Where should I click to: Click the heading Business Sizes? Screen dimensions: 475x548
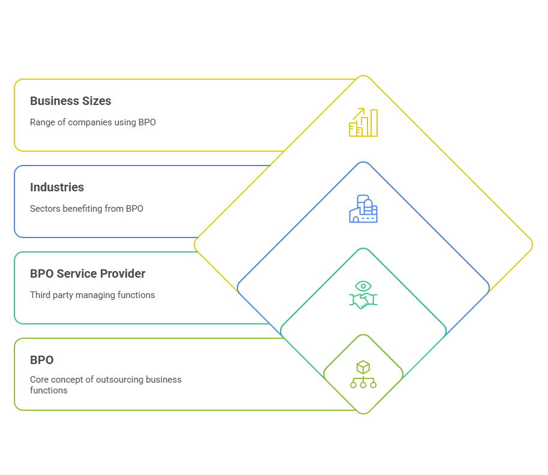71,101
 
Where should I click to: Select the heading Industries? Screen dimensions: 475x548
57,187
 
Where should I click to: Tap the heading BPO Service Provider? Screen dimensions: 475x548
88,273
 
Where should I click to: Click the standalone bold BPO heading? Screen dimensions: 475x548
42,360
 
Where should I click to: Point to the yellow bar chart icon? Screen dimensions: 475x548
363,122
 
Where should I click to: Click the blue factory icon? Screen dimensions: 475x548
363,209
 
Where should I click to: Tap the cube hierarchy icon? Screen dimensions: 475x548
363,374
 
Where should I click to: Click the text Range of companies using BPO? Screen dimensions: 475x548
93,122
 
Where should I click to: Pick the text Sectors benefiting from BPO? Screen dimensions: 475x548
86,209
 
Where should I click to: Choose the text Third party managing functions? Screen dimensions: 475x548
92,294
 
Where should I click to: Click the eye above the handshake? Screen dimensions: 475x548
363,286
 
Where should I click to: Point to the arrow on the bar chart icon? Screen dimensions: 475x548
359,113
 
